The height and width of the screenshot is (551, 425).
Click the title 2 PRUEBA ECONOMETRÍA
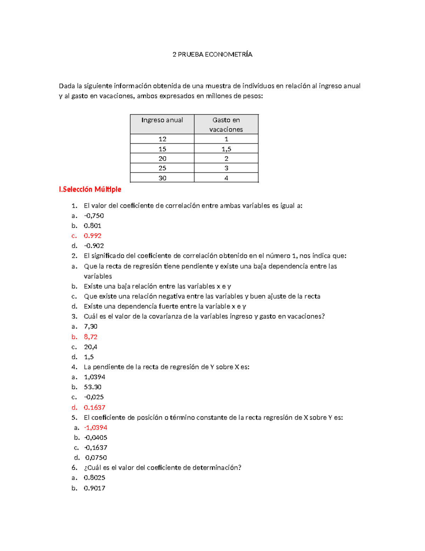pyautogui.click(x=212, y=54)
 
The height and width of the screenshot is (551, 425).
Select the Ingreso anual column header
pyautogui.click(x=162, y=120)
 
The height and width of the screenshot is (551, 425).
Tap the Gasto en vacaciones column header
pyautogui.click(x=226, y=125)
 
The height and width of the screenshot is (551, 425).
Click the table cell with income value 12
pyautogui.click(x=162, y=139)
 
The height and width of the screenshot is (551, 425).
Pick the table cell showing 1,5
pyautogui.click(x=226, y=149)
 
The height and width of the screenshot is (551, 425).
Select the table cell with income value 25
pyautogui.click(x=162, y=168)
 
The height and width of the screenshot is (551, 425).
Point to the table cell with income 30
pyautogui.click(x=162, y=178)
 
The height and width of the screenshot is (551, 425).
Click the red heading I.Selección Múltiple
pyautogui.click(x=90, y=189)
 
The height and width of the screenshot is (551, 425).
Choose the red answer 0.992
pyautogui.click(x=92, y=236)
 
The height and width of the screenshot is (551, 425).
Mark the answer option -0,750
pyautogui.click(x=94, y=216)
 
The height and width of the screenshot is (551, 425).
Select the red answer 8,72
pyautogui.click(x=91, y=337)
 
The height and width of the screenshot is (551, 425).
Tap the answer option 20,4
pyautogui.click(x=91, y=347)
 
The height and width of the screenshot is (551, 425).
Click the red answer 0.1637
pyautogui.click(x=95, y=407)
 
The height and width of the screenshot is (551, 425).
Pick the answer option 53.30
pyautogui.click(x=92, y=387)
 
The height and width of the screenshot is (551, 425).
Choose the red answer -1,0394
pyautogui.click(x=96, y=428)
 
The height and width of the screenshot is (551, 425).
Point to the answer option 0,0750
pyautogui.click(x=96, y=458)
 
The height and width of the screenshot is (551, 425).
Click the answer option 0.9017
pyautogui.click(x=95, y=488)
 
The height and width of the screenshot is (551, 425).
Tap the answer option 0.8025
pyautogui.click(x=95, y=478)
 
